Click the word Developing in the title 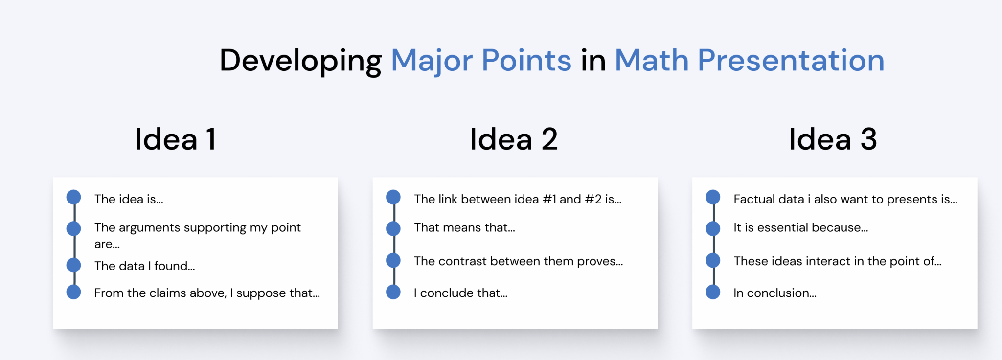point(300,61)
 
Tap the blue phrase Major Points point(481,61)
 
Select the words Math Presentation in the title point(749,61)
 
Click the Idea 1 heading point(175,139)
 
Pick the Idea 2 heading point(513,139)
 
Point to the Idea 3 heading point(833,139)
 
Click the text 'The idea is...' point(129,199)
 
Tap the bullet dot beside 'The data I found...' point(74,265)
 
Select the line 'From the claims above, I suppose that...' point(206,293)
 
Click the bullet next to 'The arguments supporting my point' point(74,228)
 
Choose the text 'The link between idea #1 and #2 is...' point(517,199)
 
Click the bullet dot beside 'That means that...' point(393,228)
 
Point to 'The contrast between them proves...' point(518,261)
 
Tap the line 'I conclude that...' point(460,293)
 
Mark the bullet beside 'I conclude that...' point(393,292)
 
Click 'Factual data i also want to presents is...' point(845,199)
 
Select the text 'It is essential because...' point(800,227)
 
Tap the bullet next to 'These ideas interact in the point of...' point(713,260)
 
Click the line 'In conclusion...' point(774,293)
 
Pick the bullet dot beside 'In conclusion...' point(713,292)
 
